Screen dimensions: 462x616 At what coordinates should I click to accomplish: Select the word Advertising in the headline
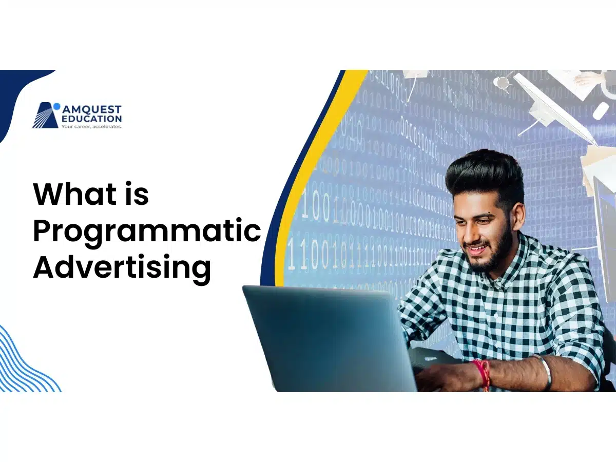pyautogui.click(x=122, y=267)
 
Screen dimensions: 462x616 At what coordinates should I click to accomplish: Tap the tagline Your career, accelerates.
pyautogui.click(x=91, y=126)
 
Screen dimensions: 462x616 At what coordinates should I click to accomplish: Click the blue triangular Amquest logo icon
pyautogui.click(x=46, y=116)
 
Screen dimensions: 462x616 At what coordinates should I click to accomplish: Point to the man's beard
pyautogui.click(x=495, y=257)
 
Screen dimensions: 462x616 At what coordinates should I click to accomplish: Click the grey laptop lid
pyautogui.click(x=329, y=339)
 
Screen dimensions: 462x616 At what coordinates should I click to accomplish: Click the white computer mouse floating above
pyautogui.click(x=600, y=111)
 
